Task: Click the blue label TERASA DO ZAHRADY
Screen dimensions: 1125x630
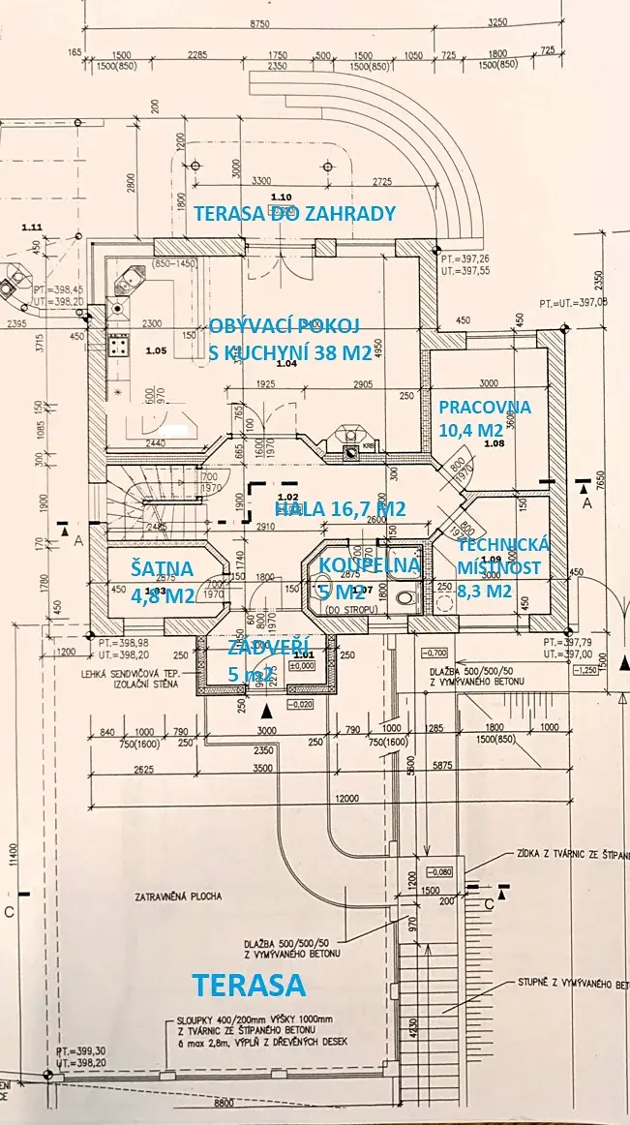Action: [x=295, y=214]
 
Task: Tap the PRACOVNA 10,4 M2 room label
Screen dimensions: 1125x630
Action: [x=469, y=417]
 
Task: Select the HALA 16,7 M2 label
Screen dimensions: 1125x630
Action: [x=339, y=509]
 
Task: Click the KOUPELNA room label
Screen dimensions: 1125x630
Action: [x=369, y=564]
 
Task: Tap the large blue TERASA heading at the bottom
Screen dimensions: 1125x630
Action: [x=250, y=986]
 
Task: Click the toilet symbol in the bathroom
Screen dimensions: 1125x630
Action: [x=405, y=596]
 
